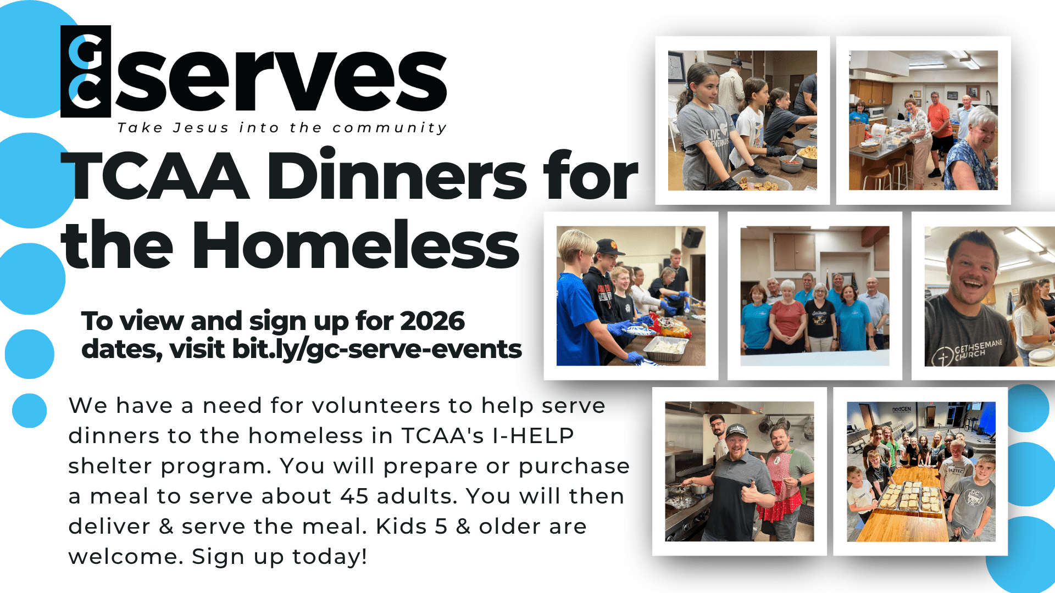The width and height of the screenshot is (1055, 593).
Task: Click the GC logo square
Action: click(86, 71)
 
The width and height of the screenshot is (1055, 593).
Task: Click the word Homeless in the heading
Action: click(356, 244)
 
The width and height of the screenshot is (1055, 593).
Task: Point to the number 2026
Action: click(432, 321)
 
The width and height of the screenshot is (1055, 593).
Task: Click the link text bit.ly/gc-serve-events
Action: click(377, 350)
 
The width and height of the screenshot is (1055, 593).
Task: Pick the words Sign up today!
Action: click(279, 557)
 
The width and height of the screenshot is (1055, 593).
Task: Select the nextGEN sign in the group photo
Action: click(902, 409)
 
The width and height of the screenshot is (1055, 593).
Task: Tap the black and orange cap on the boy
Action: click(609, 247)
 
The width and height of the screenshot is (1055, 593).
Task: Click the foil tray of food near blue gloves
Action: click(665, 348)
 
